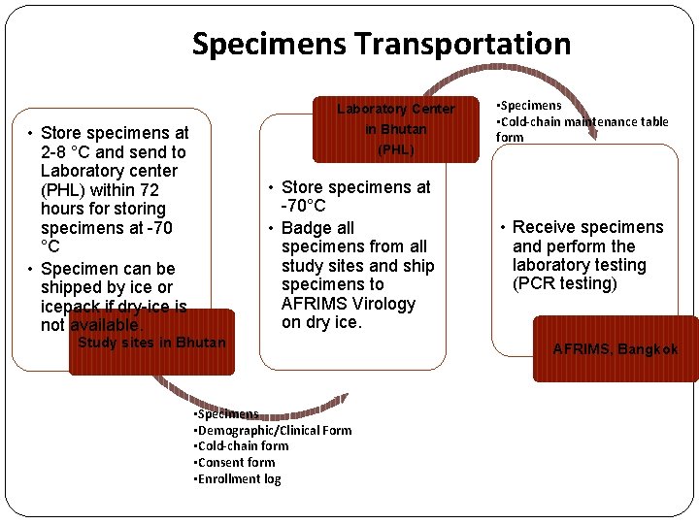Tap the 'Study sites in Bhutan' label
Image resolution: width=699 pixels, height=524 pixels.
(x=151, y=343)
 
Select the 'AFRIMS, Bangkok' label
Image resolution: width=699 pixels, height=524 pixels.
(x=615, y=349)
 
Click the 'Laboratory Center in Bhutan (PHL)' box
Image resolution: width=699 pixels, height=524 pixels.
(x=395, y=129)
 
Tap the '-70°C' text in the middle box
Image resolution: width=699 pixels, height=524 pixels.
(x=303, y=207)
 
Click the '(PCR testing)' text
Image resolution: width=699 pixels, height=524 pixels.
(x=565, y=284)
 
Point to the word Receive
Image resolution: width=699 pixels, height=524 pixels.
(x=547, y=227)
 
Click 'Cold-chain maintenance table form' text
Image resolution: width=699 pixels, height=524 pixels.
(x=582, y=129)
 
